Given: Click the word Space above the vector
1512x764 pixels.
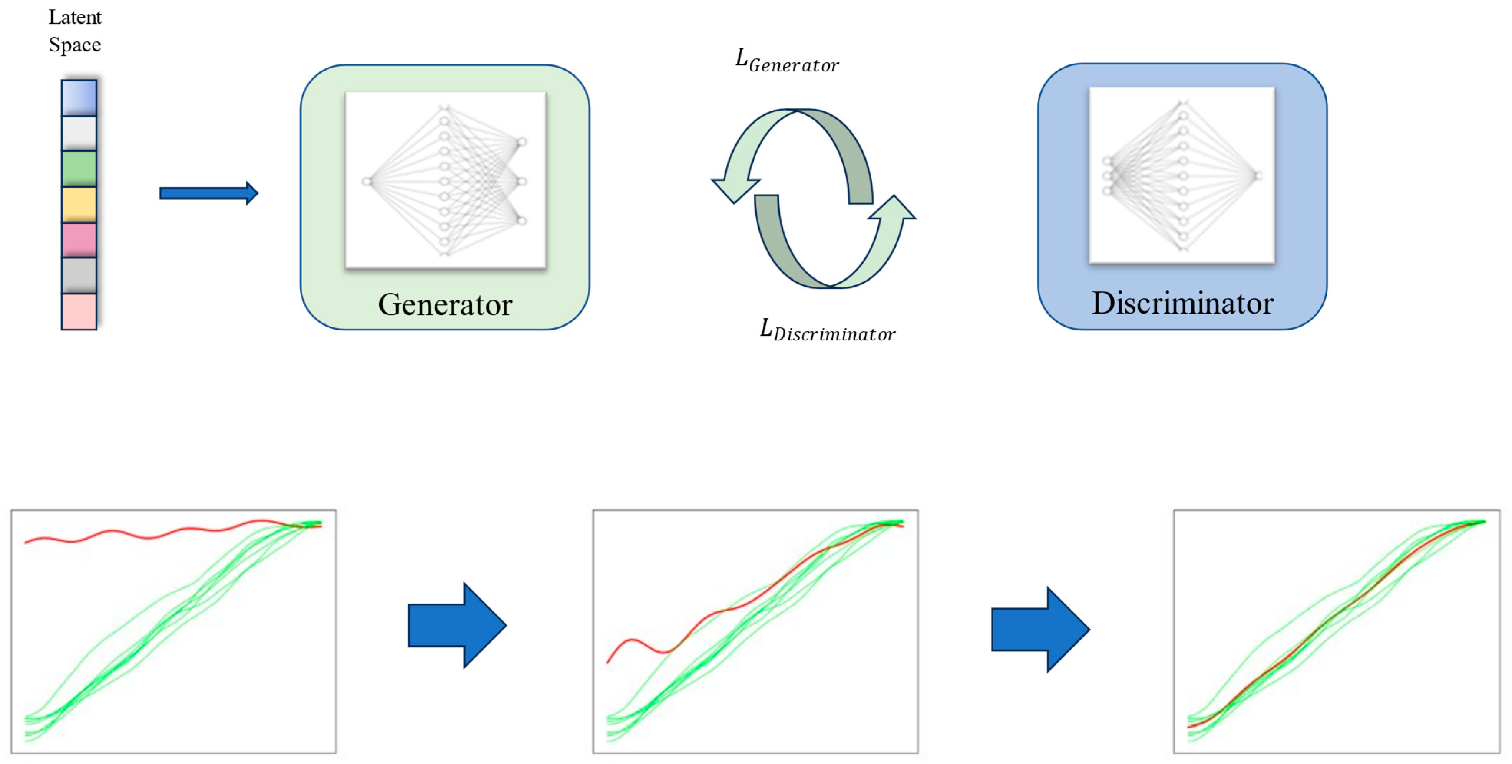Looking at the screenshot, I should point(74,45).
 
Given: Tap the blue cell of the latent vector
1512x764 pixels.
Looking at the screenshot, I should point(79,97).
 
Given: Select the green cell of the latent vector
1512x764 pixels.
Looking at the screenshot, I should point(79,168).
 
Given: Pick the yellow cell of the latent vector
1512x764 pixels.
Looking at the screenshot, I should point(79,204).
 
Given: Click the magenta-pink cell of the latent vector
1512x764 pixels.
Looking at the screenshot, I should point(79,239).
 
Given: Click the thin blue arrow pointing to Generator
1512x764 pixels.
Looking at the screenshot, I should point(208,193).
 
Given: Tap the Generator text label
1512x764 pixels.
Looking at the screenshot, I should point(445,305).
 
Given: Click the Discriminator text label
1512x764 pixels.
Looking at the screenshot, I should point(1182,304).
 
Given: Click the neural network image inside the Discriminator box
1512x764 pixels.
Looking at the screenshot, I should point(1182,175).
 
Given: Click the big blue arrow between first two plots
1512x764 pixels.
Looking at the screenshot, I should point(457,625).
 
